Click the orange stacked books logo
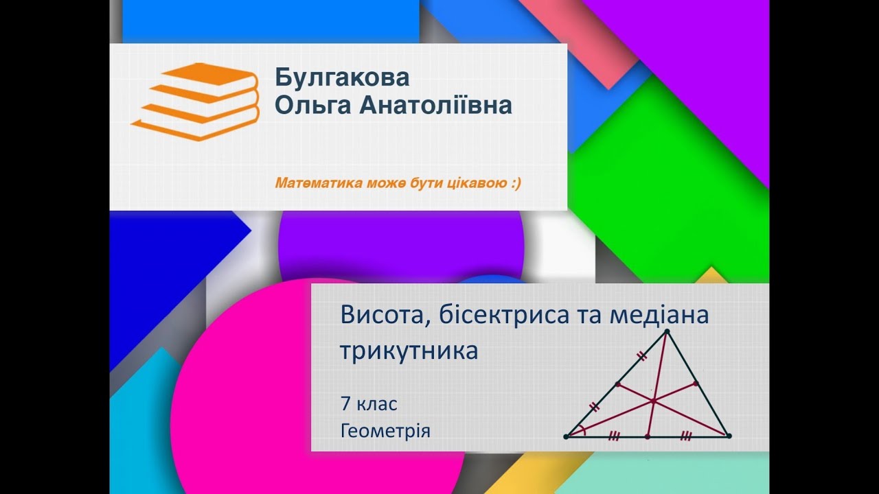pyautogui.click(x=196, y=101)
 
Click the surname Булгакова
pyautogui.click(x=342, y=78)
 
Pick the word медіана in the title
pyautogui.click(x=659, y=316)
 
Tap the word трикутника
pyautogui.click(x=409, y=351)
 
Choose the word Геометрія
pyautogui.click(x=385, y=432)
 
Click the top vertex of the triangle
pyautogui.click(x=667, y=331)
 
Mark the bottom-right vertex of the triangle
pyautogui.click(x=729, y=436)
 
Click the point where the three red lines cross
pyautogui.click(x=653, y=399)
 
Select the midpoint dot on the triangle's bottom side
pyautogui.click(x=648, y=436)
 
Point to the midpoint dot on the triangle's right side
pyautogui.click(x=696, y=384)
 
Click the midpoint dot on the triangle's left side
pyautogui.click(x=617, y=384)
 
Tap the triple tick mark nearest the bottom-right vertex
pyautogui.click(x=686, y=436)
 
